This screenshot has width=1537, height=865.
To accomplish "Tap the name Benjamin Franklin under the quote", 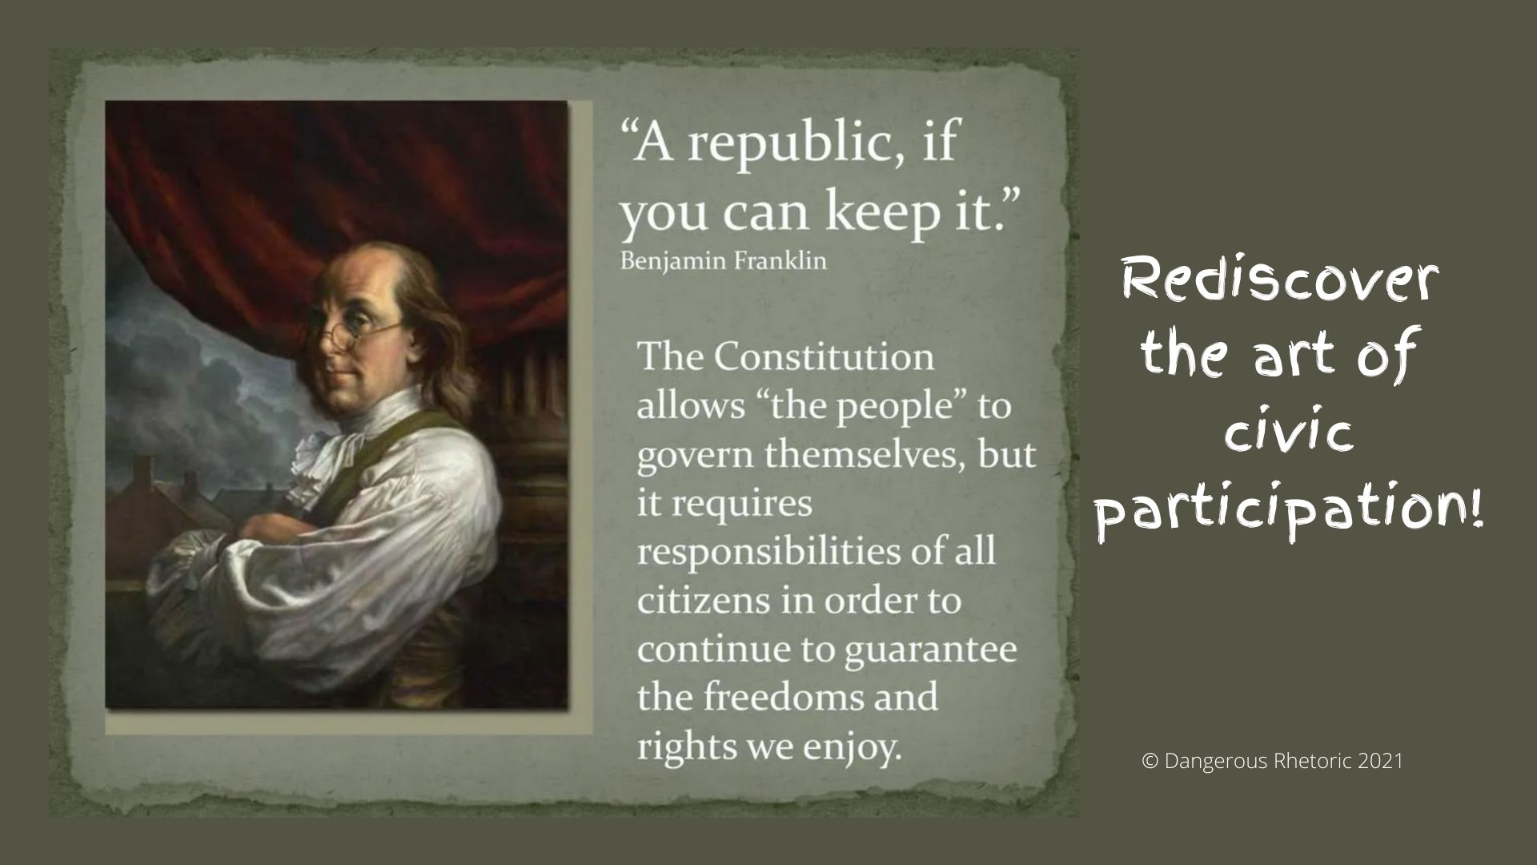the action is pyautogui.click(x=724, y=261).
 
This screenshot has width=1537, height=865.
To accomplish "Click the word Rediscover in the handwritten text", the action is pyautogui.click(x=1280, y=281).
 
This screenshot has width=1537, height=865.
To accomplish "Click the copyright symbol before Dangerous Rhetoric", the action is pyautogui.click(x=1150, y=761).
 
